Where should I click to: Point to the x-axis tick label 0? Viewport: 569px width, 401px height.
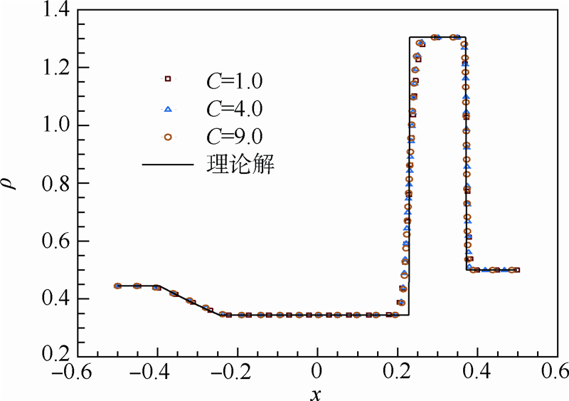[x=317, y=372]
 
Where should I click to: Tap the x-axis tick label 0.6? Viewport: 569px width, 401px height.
[x=552, y=372]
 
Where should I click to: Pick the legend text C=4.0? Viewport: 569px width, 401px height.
[x=235, y=108]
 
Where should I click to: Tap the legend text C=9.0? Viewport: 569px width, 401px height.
[x=235, y=137]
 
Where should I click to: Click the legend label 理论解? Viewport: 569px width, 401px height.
[x=246, y=166]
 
